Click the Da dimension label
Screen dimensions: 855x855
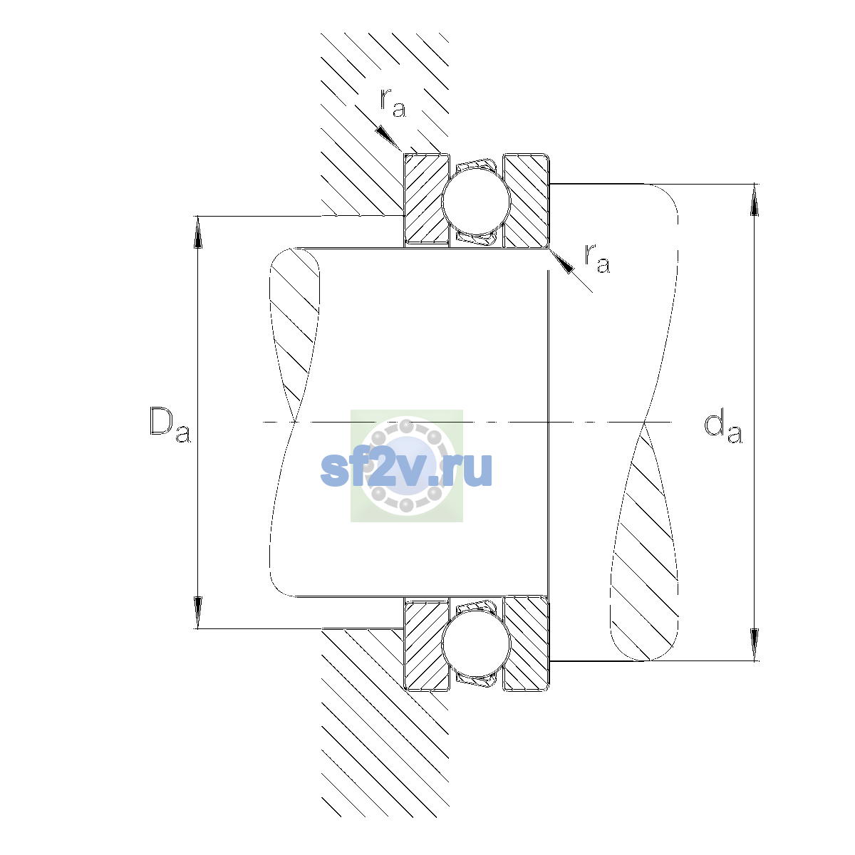coord(170,425)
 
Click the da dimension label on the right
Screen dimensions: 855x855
coord(722,427)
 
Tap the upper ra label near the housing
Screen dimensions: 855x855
coord(393,103)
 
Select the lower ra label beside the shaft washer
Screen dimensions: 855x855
coord(597,258)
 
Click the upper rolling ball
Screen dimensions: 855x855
coord(476,200)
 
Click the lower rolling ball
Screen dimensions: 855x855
coord(476,643)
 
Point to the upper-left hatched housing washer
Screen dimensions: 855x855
coord(426,200)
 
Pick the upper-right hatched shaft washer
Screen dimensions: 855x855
coord(527,200)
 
